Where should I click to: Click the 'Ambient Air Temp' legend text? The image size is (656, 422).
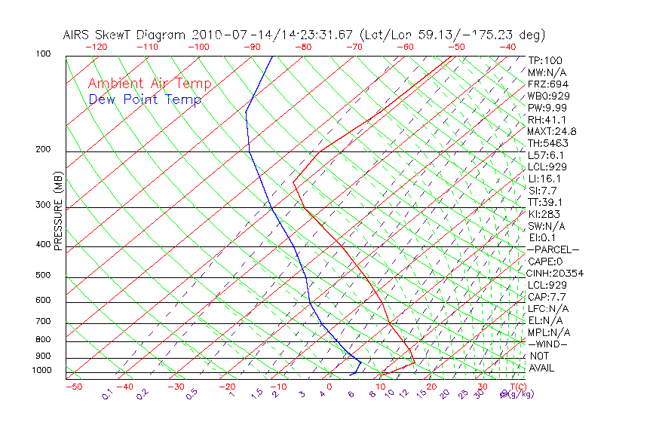tap(149, 84)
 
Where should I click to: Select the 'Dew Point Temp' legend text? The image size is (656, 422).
tap(145, 99)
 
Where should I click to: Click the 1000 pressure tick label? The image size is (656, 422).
tap(42, 371)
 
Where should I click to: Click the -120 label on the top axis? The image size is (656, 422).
tap(96, 47)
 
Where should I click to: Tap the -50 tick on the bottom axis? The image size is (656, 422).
tap(73, 387)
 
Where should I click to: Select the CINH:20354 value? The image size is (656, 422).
tap(556, 273)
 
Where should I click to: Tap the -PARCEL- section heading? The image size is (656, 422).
tap(553, 249)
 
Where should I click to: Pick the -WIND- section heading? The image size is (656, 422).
tap(547, 344)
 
